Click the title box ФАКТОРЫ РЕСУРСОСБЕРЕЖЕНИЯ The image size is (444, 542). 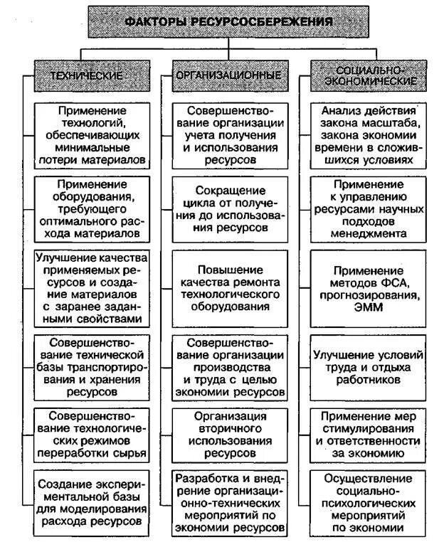point(229,21)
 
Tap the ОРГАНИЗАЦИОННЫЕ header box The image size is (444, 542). point(228,75)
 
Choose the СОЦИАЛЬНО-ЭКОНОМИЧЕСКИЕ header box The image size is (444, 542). point(369,75)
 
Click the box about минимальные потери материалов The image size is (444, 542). point(93,134)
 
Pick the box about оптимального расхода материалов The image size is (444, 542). point(93,207)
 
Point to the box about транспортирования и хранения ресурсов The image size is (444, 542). point(93,366)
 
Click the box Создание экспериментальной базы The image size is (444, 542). point(93,501)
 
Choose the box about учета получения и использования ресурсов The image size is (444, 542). point(228,136)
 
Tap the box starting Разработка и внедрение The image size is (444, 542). point(228,501)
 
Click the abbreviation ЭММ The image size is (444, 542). point(367,308)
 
